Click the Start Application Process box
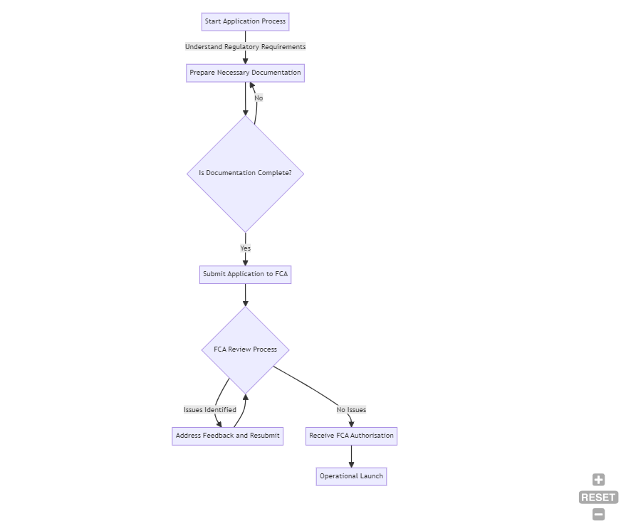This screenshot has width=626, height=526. tap(245, 21)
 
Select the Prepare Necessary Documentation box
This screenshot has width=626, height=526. tap(245, 73)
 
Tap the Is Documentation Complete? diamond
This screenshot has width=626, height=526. tap(245, 173)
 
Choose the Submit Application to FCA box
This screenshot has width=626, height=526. tap(245, 274)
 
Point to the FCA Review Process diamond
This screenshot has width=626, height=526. tap(245, 349)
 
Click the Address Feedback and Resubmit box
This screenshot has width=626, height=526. tap(227, 436)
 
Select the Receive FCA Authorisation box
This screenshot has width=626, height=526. tap(351, 436)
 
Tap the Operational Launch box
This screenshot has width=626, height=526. tap(351, 476)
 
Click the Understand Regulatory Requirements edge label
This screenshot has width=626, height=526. tap(245, 47)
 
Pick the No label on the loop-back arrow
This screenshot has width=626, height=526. tap(259, 98)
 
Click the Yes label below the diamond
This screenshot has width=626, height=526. tap(245, 248)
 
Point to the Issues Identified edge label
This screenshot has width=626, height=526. tap(209, 410)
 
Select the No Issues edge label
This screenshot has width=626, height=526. tap(351, 410)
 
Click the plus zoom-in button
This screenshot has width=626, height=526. tap(598, 480)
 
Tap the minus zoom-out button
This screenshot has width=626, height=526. tap(598, 515)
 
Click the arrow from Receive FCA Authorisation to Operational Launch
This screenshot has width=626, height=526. tap(351, 456)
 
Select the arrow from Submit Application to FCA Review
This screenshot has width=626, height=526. tap(245, 295)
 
